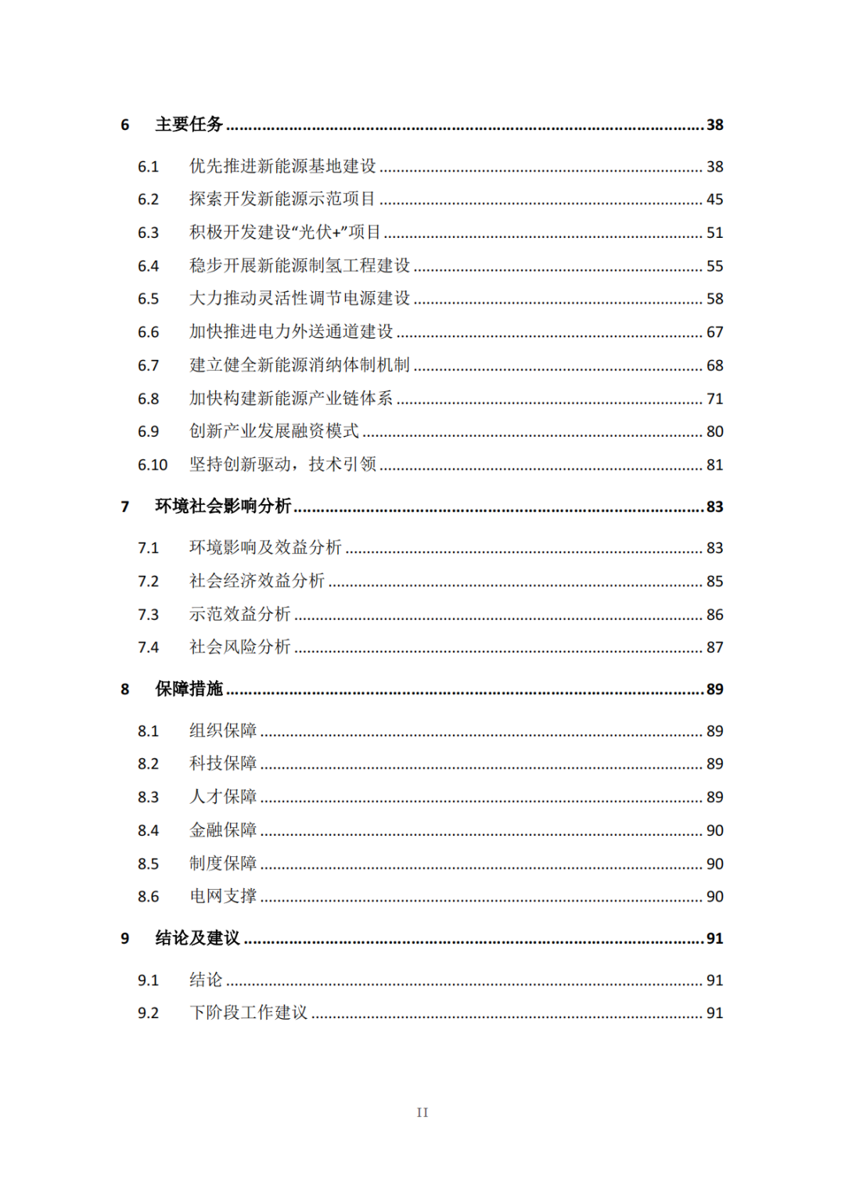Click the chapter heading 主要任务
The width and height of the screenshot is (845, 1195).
pos(189,124)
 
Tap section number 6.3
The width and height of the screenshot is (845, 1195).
pos(148,232)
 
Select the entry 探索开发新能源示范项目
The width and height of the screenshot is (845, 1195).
pos(282,199)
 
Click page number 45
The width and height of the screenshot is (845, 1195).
pos(714,200)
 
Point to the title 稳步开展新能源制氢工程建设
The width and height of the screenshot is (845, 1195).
pos(300,265)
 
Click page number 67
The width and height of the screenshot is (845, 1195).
pos(714,332)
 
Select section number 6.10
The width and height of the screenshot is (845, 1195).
pos(153,465)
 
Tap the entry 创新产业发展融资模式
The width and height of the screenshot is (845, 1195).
pos(274,431)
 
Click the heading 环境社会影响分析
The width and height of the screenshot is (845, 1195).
pos(223,506)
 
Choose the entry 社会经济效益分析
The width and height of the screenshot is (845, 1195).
pos(257,581)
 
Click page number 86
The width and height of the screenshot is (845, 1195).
pos(714,614)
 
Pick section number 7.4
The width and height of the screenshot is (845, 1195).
pos(148,647)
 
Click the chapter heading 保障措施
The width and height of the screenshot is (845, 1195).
pos(189,689)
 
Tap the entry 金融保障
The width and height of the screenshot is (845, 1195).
pos(223,830)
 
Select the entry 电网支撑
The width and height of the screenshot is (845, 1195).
pos(223,896)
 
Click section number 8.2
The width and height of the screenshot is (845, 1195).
pos(148,764)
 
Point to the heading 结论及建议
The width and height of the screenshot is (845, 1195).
pos(197,938)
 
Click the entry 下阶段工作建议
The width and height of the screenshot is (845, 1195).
pos(249,1013)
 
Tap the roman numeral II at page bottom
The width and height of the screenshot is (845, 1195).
pos(422,1112)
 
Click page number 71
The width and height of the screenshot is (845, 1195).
pos(714,398)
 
